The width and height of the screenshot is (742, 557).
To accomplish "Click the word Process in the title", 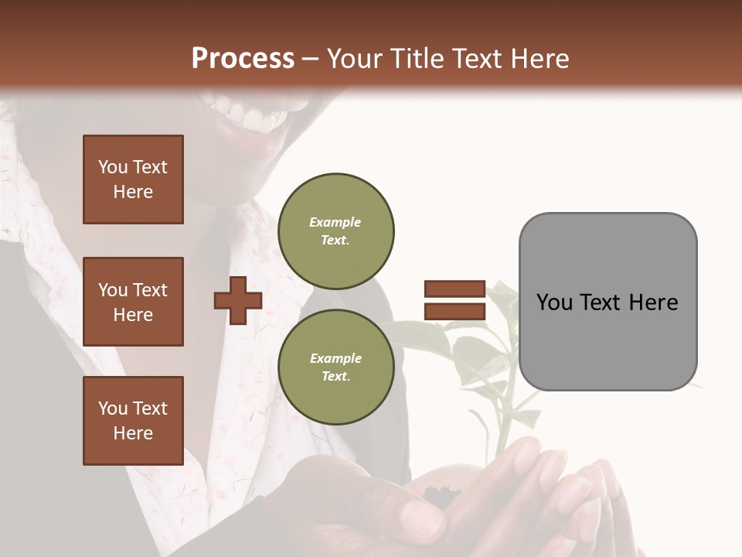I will (x=243, y=59).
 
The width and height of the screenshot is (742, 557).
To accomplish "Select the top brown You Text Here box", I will (x=133, y=179).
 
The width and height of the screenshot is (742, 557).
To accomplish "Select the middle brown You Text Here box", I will (x=133, y=302).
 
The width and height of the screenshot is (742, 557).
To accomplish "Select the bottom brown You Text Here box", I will (x=133, y=421).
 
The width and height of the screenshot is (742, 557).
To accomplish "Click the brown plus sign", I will (x=238, y=301).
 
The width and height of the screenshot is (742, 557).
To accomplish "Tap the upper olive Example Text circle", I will (x=335, y=231).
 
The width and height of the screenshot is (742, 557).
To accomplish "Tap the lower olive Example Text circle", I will (x=335, y=367).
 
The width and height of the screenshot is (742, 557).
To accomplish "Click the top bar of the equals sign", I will (x=454, y=289).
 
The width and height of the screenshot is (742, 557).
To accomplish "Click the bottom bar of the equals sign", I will (x=454, y=311).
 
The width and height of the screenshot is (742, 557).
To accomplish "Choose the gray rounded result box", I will (x=608, y=302).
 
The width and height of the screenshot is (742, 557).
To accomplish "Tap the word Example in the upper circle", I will (x=335, y=222).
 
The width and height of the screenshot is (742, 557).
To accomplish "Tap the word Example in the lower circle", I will (x=335, y=358).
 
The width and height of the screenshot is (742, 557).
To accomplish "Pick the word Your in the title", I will (x=354, y=59).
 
